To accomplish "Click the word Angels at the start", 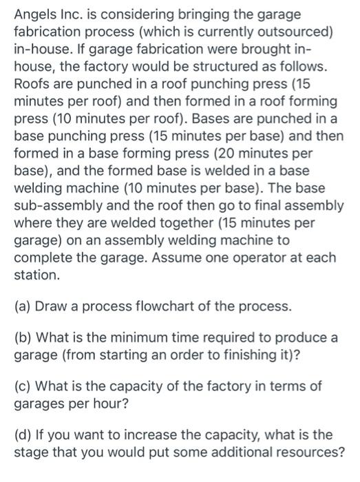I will point(33,13).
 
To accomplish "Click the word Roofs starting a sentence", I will point(32,85).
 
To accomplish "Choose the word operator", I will point(236,258).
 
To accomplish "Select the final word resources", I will point(292,453).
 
